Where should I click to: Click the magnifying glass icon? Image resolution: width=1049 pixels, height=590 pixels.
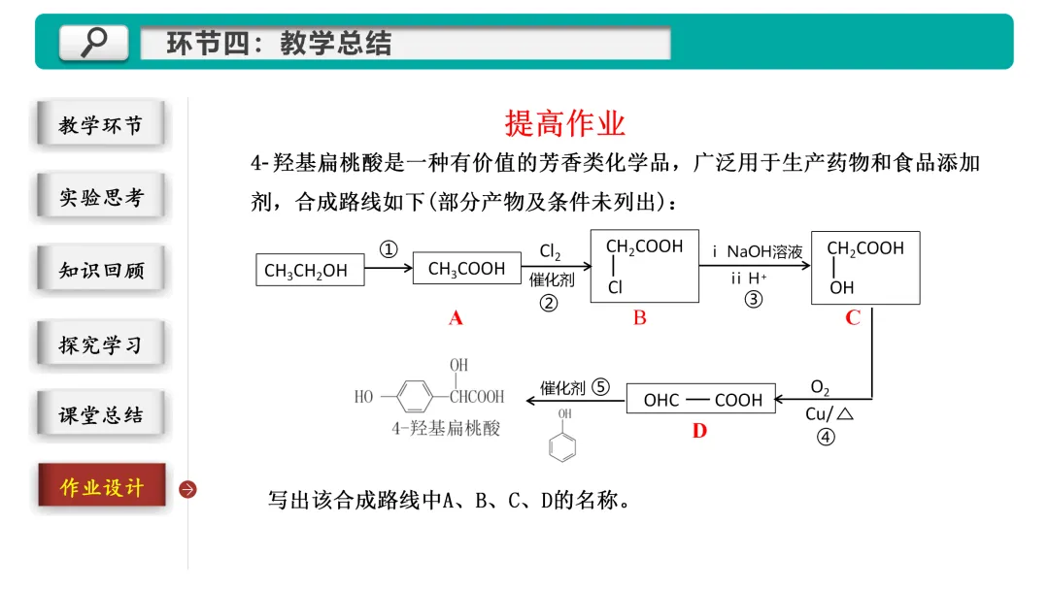(93, 42)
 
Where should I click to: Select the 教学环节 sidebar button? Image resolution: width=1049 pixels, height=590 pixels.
(101, 125)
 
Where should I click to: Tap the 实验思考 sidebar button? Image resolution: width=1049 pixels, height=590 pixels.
(101, 197)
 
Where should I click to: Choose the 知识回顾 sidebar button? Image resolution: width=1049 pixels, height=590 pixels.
(101, 270)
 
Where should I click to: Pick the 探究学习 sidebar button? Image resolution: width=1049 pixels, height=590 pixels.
(101, 344)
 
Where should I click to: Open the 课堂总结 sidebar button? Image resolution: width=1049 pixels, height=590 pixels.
(101, 415)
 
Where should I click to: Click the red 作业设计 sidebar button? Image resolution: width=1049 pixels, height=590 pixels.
(101, 487)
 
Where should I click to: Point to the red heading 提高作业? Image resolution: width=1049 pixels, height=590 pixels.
(565, 124)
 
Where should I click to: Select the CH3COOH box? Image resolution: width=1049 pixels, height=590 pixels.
(466, 269)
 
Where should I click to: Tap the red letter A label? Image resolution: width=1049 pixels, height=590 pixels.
(456, 318)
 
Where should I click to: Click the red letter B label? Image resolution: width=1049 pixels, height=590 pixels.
(639, 318)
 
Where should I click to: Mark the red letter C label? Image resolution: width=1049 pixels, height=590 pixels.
(853, 318)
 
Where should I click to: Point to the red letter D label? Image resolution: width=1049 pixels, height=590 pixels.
(699, 431)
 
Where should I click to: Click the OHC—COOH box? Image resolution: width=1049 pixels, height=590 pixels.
(701, 400)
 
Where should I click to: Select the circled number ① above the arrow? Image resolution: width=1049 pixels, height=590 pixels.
(389, 249)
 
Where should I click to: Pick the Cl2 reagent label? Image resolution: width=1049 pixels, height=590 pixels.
(550, 252)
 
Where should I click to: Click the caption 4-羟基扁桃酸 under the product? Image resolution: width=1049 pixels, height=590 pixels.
(446, 427)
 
